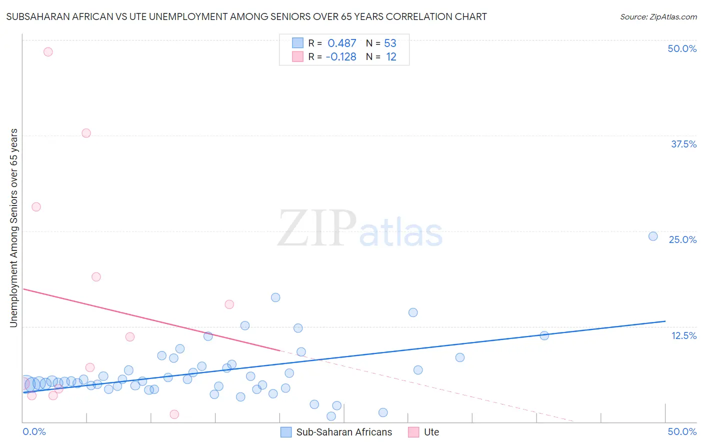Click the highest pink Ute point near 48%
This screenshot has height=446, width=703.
[48, 51]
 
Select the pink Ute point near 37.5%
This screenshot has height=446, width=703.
[86, 133]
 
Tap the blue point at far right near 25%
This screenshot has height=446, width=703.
[653, 236]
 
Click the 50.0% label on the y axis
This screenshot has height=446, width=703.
[682, 48]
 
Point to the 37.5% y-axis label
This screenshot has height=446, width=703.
[683, 144]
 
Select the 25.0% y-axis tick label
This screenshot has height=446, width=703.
[682, 239]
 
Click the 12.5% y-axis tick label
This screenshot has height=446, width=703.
[683, 335]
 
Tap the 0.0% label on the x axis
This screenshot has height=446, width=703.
[34, 431]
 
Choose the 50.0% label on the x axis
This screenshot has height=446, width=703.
[682, 431]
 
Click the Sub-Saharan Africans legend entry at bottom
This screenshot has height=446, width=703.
[344, 432]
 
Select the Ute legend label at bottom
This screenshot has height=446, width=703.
[431, 432]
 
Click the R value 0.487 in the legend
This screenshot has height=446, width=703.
[342, 43]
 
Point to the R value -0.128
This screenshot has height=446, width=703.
[341, 57]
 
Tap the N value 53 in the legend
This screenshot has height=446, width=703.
[390, 43]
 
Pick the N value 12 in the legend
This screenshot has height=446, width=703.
[391, 57]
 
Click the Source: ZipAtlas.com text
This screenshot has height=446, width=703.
[658, 17]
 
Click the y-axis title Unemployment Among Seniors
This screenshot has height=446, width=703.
[13, 228]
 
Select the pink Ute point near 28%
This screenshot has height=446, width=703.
[36, 206]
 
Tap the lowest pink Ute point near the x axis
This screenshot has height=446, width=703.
[174, 414]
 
